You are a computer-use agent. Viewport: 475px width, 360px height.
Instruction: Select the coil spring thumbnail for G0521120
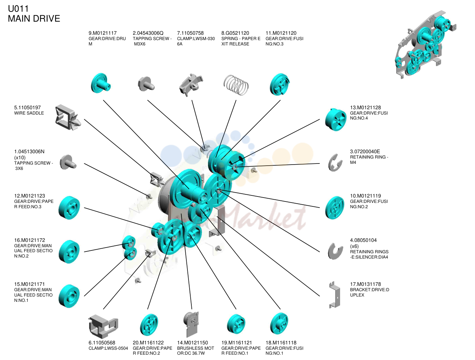point(236,85)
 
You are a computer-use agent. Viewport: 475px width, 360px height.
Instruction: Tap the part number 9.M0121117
point(103,33)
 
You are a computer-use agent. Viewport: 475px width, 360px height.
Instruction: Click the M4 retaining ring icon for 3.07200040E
point(334,163)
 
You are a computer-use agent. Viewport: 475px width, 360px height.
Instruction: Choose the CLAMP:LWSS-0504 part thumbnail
point(103,327)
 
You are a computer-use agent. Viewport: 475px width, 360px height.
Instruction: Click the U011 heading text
point(18,9)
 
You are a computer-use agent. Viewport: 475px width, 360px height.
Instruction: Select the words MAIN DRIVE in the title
point(34,18)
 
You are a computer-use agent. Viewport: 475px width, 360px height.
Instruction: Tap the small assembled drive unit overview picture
point(425,44)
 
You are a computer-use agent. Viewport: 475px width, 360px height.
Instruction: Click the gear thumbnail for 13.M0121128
point(335,120)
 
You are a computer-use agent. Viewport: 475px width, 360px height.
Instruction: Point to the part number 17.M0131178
point(366,284)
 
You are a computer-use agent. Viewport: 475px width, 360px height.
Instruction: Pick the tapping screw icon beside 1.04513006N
point(68,162)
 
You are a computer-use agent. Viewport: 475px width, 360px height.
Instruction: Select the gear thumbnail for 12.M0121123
point(69,207)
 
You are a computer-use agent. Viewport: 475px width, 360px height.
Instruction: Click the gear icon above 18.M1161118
point(279,324)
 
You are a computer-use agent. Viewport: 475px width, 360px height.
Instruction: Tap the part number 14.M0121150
point(192,343)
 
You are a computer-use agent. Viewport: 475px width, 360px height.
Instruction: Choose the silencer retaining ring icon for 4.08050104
point(335,251)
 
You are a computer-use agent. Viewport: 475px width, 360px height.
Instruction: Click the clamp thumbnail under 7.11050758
point(191,85)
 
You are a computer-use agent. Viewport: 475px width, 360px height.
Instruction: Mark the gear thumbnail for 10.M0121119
point(334,207)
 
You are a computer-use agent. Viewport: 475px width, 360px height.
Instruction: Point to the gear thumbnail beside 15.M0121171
point(69,296)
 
